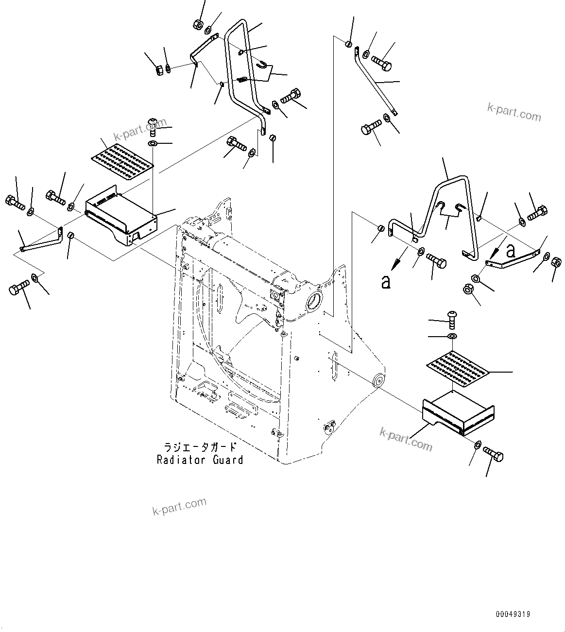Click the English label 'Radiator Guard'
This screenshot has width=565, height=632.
(200, 460)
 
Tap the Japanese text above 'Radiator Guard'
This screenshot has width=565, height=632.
(200, 447)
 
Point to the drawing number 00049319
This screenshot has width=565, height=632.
(513, 615)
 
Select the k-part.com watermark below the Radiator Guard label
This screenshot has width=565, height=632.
(179, 507)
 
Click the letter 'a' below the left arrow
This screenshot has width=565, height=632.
(386, 282)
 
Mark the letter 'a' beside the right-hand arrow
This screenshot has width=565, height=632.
(510, 251)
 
